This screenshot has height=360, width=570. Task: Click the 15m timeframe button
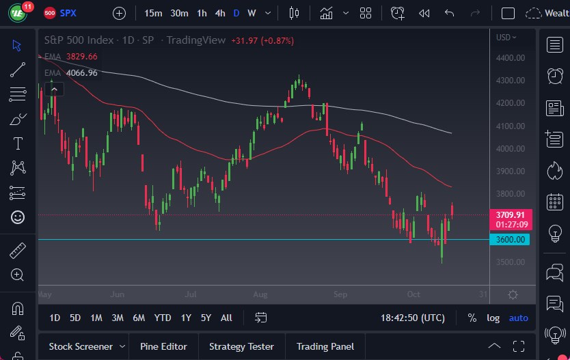click(x=153, y=13)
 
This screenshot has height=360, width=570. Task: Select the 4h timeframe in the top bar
click(x=219, y=13)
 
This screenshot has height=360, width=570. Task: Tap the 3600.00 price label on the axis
click(x=511, y=239)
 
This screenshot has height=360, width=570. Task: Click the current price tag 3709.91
click(x=511, y=214)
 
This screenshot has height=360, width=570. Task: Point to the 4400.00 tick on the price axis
click(x=511, y=58)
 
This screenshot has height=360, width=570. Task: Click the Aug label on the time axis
click(x=260, y=294)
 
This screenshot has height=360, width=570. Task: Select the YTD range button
click(x=163, y=318)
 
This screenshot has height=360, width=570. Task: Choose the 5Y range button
click(x=206, y=318)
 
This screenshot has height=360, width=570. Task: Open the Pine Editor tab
click(x=163, y=346)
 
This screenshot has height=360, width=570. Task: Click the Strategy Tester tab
click(x=241, y=346)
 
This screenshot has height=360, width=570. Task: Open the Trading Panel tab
click(x=325, y=346)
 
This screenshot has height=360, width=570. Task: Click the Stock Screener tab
click(x=80, y=346)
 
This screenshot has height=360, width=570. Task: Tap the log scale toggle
click(x=493, y=318)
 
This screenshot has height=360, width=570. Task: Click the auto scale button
click(x=518, y=318)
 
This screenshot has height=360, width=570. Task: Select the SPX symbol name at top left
click(x=68, y=13)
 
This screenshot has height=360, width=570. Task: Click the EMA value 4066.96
click(x=81, y=73)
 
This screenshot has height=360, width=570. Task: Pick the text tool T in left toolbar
click(x=18, y=143)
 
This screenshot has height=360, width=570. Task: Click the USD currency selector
click(x=506, y=38)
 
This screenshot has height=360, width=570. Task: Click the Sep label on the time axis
click(x=340, y=294)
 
